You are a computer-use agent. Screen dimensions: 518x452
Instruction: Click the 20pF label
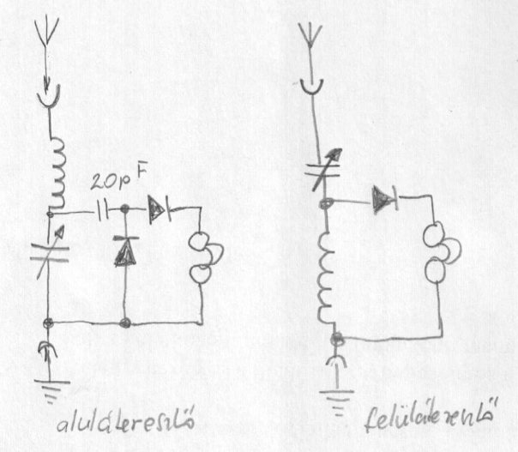[117, 182]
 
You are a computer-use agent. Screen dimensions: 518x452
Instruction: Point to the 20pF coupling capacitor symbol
[104, 208]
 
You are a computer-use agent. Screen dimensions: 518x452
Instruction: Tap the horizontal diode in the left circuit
[160, 208]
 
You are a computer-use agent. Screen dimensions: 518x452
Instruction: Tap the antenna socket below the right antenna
[311, 87]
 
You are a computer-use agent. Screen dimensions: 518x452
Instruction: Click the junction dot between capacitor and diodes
[126, 208]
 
